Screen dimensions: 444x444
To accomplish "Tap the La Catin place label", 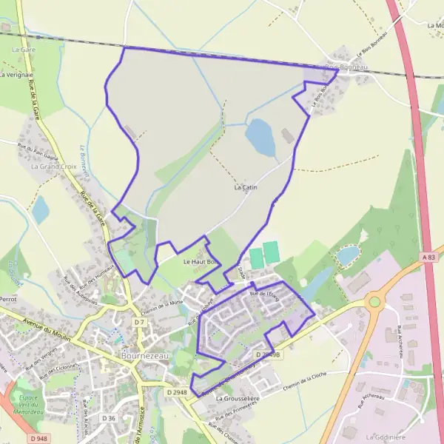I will point(245,188).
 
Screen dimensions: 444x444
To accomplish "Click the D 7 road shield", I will point(140,323).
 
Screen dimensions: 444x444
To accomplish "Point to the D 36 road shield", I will point(109,418).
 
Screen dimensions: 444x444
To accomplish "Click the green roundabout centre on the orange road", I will point(374,301).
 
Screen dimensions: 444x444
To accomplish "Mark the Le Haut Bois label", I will point(201,261).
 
